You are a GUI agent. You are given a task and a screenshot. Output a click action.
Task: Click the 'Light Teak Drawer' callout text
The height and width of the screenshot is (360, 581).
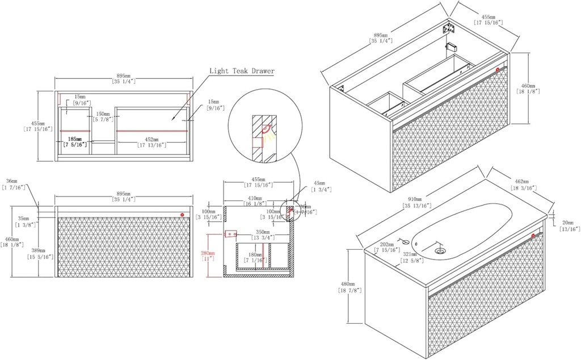click(x=242, y=72)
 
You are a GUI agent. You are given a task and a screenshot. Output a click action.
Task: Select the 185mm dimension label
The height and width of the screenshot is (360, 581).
click(x=75, y=142)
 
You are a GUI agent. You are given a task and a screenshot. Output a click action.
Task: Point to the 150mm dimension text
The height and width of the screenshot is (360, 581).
click(x=103, y=116)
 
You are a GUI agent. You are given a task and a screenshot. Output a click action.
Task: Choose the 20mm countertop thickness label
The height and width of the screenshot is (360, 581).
click(x=569, y=225)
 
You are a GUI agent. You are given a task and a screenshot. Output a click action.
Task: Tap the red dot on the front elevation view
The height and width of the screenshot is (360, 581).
click(x=182, y=215)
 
